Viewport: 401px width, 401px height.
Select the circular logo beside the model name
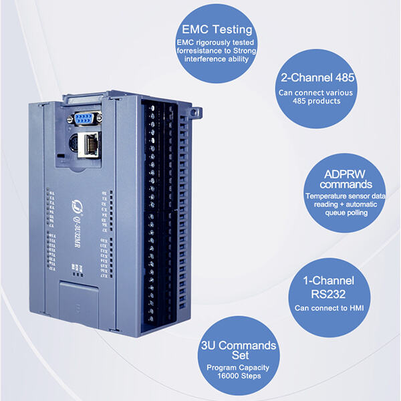pos(76,193)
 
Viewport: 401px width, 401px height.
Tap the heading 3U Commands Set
pos(239,351)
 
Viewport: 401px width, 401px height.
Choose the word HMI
pos(355,307)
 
